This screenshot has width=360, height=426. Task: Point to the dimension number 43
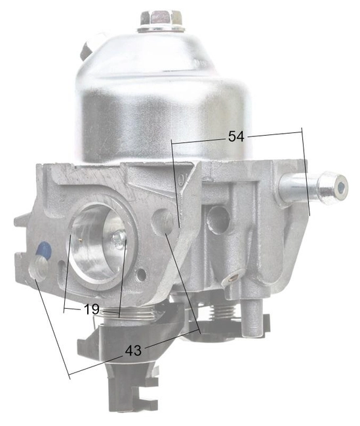click(x=133, y=351)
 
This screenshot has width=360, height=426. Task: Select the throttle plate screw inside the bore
click(x=118, y=240)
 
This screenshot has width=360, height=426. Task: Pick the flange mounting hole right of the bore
click(x=165, y=222)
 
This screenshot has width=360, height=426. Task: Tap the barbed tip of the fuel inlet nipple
click(x=331, y=187)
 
